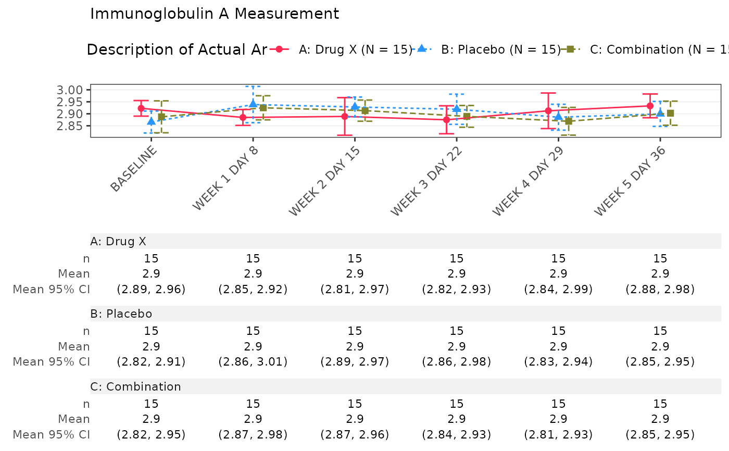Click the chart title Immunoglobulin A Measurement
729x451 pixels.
[215, 14]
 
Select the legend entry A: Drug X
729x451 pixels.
[355, 49]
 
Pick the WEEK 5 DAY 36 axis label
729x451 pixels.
[631, 181]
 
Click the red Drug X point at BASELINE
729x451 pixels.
[141, 108]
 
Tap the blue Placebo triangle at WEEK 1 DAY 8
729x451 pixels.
[253, 104]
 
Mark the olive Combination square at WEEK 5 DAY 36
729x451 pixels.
[671, 113]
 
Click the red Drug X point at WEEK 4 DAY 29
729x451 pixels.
[548, 111]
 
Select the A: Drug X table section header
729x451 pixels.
[118, 241]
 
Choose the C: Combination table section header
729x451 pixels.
[135, 386]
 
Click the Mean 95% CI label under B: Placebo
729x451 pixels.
[51, 361]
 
